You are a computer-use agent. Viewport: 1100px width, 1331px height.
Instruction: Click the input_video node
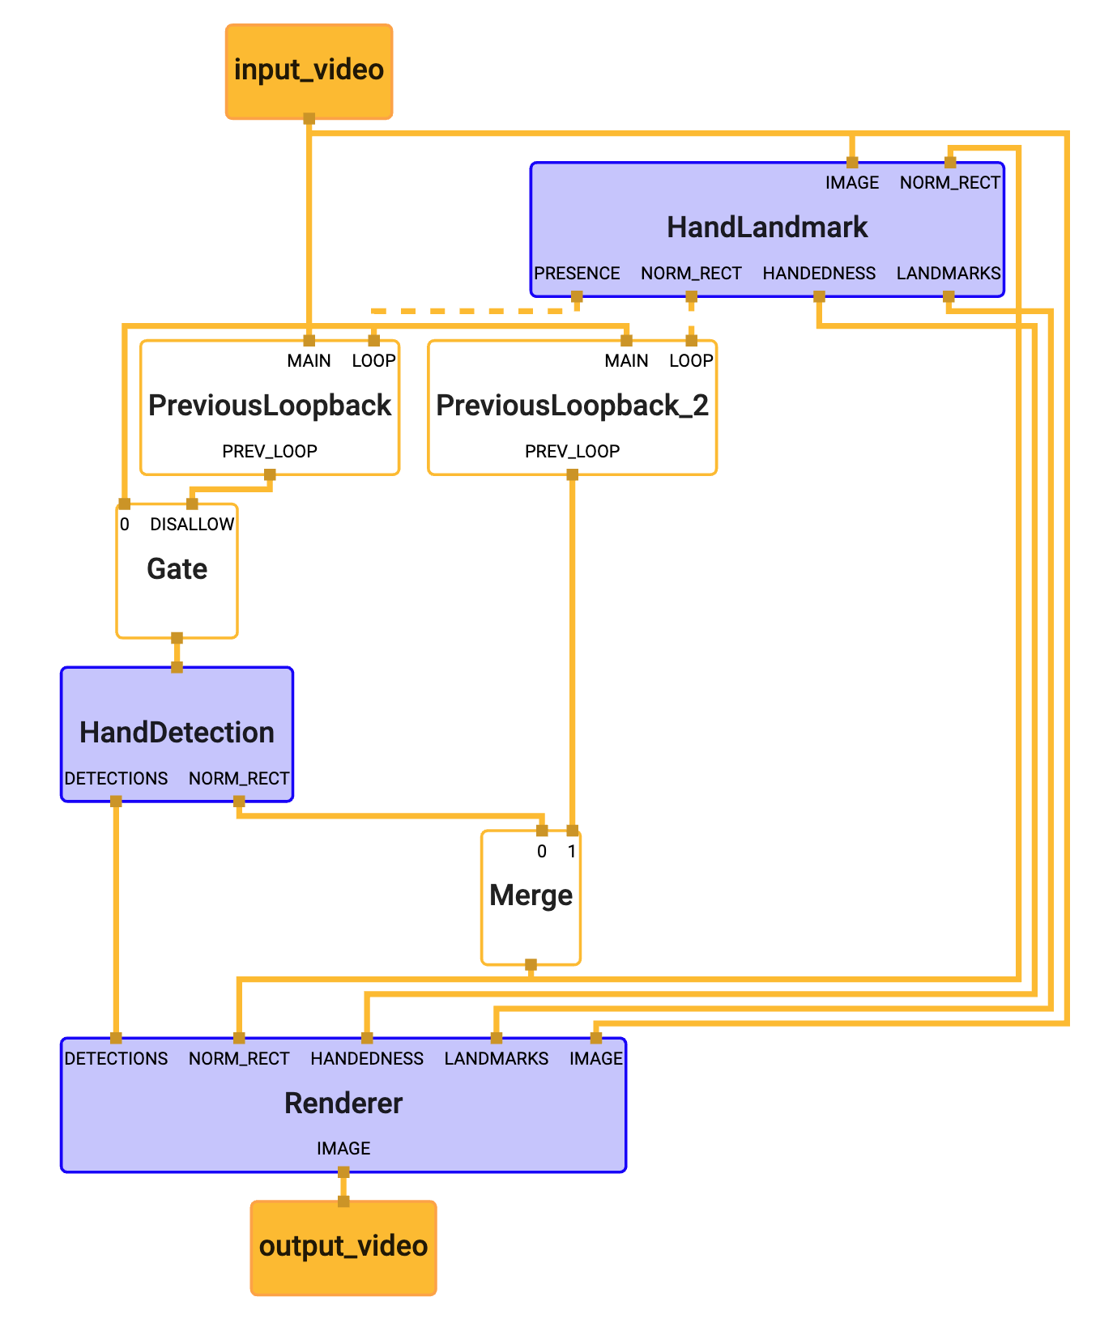click(x=309, y=71)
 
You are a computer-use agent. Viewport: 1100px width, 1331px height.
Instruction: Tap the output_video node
click(x=343, y=1247)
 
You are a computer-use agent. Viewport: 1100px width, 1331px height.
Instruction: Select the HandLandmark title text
click(x=767, y=228)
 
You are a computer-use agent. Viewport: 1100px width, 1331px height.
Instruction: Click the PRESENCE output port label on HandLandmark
click(x=577, y=274)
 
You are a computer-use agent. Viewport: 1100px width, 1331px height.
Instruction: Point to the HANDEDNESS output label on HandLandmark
click(x=819, y=274)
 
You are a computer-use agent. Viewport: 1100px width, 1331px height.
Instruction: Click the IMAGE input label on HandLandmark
click(x=852, y=183)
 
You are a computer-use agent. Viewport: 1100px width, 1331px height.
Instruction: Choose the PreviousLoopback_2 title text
click(x=572, y=406)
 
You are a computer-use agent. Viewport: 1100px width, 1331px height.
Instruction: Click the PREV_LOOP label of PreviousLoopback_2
click(x=572, y=452)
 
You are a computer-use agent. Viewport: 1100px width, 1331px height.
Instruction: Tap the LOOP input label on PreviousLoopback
click(x=373, y=361)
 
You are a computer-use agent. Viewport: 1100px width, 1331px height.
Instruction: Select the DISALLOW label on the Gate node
click(x=192, y=525)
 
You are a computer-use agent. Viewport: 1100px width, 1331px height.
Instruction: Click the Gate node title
click(x=177, y=569)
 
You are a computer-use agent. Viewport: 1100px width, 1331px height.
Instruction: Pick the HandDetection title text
click(x=177, y=733)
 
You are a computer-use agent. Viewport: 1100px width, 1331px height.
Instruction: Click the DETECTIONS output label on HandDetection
click(x=116, y=779)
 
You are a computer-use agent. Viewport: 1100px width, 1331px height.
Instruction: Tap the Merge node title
click(x=531, y=895)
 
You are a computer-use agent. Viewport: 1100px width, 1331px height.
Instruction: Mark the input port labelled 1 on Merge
click(x=572, y=852)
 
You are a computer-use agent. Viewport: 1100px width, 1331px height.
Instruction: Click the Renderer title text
click(x=343, y=1103)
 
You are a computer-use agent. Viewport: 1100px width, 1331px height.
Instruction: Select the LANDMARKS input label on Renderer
click(x=496, y=1059)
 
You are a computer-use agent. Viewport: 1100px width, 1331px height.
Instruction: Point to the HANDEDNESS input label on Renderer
click(x=367, y=1059)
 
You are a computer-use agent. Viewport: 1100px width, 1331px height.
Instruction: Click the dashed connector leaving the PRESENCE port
click(x=470, y=311)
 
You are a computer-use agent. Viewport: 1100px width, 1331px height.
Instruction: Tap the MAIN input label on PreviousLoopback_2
click(x=626, y=361)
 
